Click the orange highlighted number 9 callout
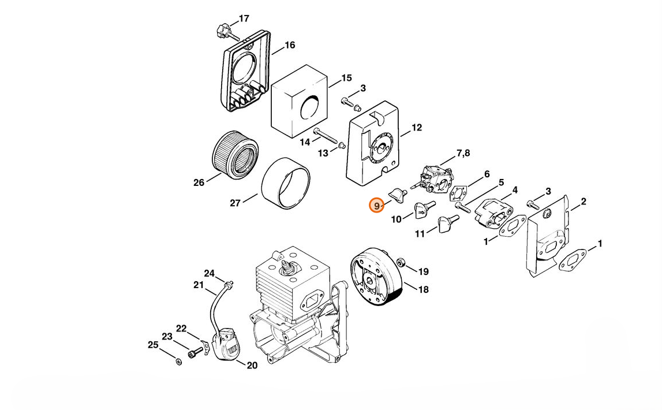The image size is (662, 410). coord(376,206)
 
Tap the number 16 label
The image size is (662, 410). coord(290,45)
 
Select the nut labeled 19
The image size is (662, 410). coord(401,263)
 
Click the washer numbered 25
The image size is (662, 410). coord(178,361)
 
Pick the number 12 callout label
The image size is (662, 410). coord(416,127)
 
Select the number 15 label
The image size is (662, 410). coord(346,78)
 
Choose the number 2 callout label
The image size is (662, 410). coord(583,202)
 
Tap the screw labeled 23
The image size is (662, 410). coord(195,351)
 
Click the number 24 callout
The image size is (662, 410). coord(210,273)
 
